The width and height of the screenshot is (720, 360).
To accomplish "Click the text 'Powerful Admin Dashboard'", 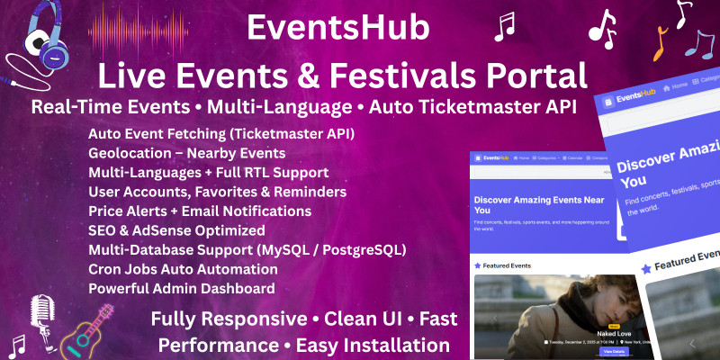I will click(181, 289).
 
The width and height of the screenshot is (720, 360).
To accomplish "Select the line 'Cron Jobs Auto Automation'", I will click(183, 269).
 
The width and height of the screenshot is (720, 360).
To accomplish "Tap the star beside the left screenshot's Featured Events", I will click(478, 265).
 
